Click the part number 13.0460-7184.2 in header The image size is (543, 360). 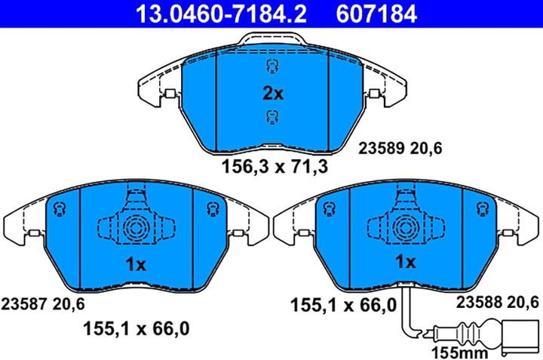[221, 14]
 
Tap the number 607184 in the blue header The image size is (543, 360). [376, 14]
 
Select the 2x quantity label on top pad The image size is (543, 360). [273, 93]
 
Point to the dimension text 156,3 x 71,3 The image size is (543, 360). [275, 166]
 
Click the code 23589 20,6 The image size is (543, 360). [400, 148]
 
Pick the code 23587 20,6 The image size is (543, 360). [43, 304]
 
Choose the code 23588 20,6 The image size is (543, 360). [497, 302]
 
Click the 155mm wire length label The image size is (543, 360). [459, 353]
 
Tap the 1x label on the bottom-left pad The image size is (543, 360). [136, 265]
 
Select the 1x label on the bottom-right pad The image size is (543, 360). [406, 262]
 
